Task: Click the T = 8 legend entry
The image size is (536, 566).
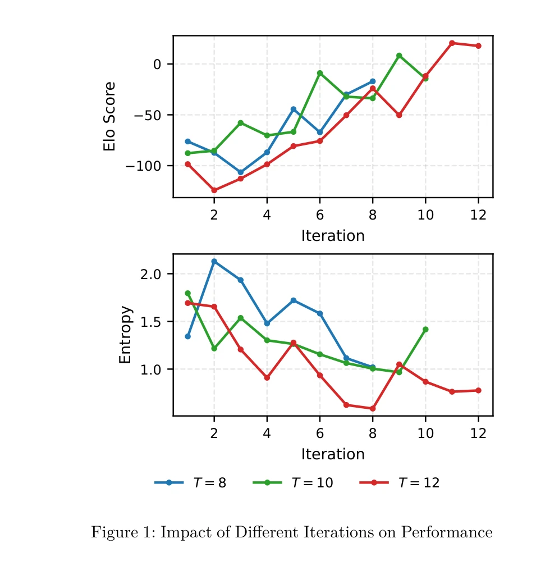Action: click(x=191, y=483)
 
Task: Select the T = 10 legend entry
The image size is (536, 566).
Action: click(x=292, y=483)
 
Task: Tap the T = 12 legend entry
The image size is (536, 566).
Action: click(x=400, y=483)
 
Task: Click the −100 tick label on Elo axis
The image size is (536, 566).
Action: click(x=143, y=166)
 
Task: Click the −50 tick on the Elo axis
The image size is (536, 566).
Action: click(x=146, y=115)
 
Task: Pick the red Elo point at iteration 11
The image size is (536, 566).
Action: click(x=452, y=43)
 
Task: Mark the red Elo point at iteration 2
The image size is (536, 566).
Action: click(x=214, y=190)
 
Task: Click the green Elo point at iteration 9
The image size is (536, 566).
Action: click(x=399, y=56)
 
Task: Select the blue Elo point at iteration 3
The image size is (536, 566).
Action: click(x=240, y=172)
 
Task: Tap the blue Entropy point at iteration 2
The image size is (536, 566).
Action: click(x=214, y=261)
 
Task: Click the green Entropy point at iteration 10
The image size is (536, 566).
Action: click(x=425, y=329)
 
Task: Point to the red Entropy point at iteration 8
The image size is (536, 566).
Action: click(x=373, y=408)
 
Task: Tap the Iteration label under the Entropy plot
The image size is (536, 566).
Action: click(x=333, y=454)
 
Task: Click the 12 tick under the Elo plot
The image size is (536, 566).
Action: click(x=478, y=215)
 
